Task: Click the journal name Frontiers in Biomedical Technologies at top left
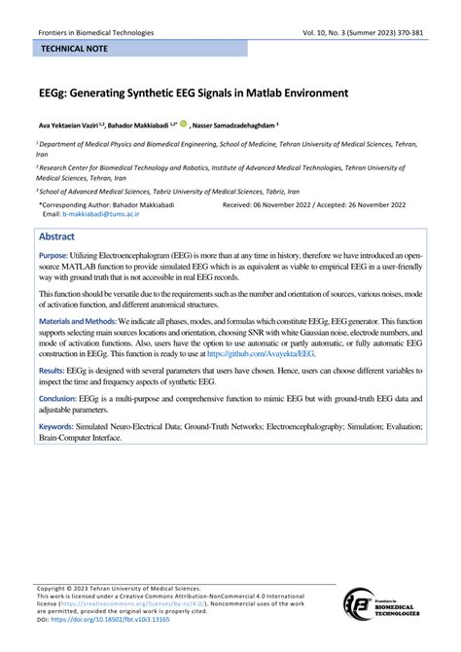[89, 31]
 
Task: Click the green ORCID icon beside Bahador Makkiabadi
[184, 124]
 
